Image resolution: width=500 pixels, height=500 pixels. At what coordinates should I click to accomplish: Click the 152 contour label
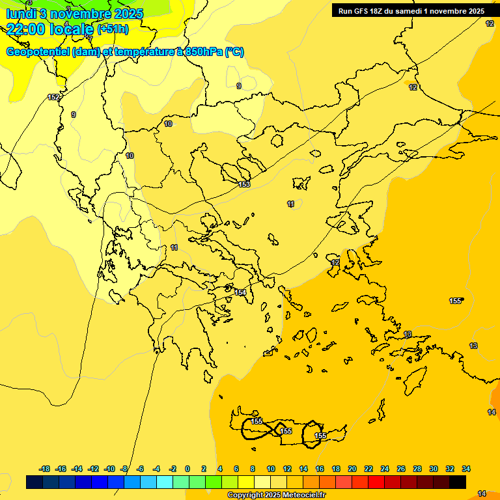tap(53, 97)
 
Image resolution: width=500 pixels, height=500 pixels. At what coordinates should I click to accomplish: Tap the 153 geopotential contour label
tap(244, 184)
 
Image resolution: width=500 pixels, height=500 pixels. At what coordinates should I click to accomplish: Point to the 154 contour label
tap(240, 292)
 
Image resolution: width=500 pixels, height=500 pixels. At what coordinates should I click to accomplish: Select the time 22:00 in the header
tap(27, 29)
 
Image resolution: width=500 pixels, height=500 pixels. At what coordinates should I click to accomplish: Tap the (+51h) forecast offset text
tap(113, 29)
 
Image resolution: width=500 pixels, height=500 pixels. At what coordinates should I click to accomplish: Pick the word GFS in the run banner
tap(365, 11)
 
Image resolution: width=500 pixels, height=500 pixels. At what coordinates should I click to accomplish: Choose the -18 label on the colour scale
tap(44, 469)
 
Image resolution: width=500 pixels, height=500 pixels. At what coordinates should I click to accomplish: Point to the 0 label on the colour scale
tap(187, 469)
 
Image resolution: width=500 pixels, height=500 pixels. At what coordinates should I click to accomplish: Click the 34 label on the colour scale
tap(466, 469)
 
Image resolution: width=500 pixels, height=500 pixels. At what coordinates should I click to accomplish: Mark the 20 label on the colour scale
tap(352, 469)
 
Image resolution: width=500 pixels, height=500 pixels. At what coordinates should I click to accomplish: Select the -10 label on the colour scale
tap(109, 469)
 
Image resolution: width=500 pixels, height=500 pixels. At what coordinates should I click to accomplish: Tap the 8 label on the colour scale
tap(253, 469)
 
